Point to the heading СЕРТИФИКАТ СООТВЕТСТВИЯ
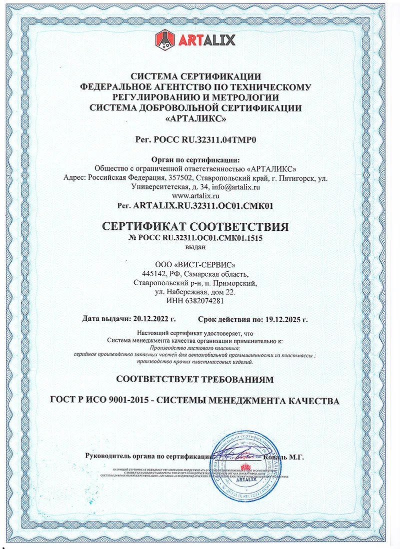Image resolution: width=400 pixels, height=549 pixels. [195, 227]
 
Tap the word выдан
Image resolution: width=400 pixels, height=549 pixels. [195, 247]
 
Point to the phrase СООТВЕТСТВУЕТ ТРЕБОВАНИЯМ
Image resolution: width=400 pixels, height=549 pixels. [195, 380]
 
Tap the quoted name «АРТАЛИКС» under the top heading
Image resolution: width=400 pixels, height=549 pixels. [195, 119]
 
